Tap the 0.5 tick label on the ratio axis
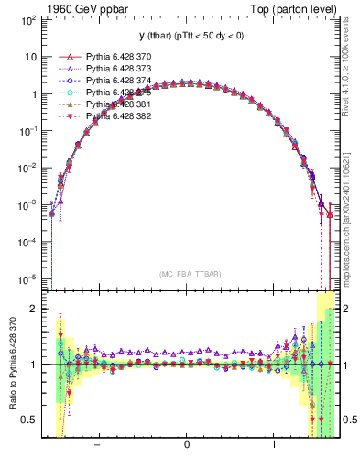pos(28,420)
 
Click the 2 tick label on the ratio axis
pos(33,309)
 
